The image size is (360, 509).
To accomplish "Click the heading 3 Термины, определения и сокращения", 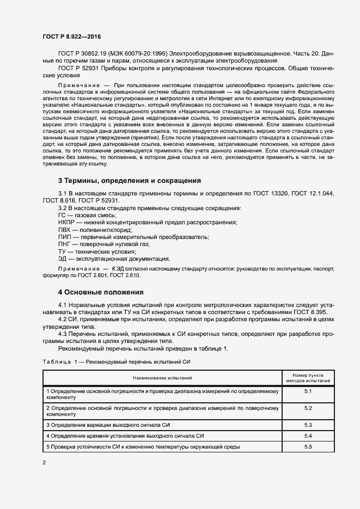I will coord(130,180).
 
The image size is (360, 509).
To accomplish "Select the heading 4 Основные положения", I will coord(100,292).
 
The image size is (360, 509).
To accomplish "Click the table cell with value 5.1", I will coord(308,392).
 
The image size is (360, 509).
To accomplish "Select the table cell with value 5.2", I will coord(308,408).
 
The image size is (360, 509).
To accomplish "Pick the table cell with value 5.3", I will coord(308,424).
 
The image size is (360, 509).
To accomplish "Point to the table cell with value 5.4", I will coord(308,436).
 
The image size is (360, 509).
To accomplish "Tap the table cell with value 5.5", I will coord(308,447).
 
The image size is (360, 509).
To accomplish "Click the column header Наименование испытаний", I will coord(161,377).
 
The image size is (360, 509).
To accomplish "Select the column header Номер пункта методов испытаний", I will coord(308,377).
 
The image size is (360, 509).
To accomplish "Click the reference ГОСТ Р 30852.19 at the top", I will coord(85,54).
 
